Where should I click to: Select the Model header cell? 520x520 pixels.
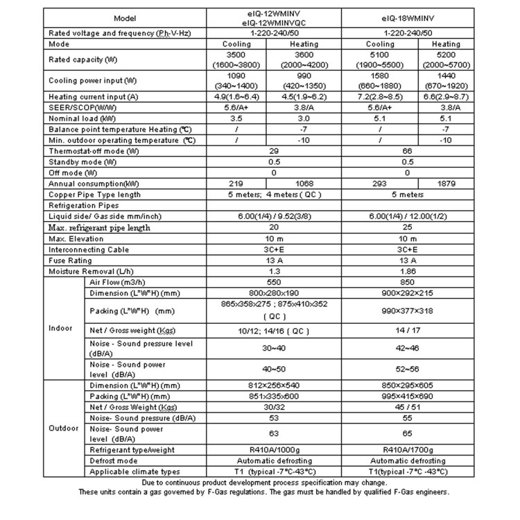[x=126, y=17]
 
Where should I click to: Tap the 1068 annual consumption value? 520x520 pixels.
[x=303, y=184]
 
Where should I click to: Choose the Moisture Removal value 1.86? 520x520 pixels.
[x=407, y=272]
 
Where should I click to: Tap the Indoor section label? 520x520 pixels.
[x=62, y=327]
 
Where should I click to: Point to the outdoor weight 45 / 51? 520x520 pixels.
[x=407, y=408]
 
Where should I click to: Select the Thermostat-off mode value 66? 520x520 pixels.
[x=407, y=150]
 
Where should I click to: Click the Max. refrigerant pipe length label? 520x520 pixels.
[x=99, y=227]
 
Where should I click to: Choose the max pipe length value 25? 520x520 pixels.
[x=407, y=227]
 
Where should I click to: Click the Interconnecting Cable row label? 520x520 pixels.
[x=89, y=250]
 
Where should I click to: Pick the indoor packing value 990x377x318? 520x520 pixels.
[x=407, y=311]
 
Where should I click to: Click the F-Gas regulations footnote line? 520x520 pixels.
[x=264, y=493]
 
